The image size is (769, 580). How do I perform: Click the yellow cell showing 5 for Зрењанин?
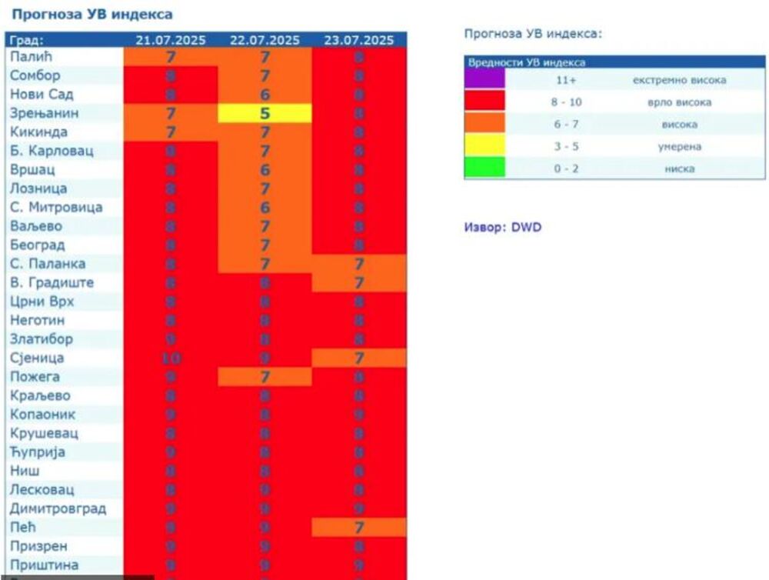tap(265, 114)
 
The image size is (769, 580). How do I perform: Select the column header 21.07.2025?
tap(171, 40)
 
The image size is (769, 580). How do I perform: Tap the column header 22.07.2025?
tap(265, 40)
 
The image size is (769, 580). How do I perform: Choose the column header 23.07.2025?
tap(358, 40)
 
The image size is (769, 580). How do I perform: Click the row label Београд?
tap(38, 245)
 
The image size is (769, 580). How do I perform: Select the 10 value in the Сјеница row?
tap(171, 358)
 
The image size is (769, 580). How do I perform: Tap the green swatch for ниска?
tap(484, 168)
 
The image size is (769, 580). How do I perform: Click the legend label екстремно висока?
tap(679, 80)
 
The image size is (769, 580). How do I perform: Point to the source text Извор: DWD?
tap(502, 228)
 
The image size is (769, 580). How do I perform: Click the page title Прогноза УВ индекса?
tap(92, 15)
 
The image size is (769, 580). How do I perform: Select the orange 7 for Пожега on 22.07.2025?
tap(265, 377)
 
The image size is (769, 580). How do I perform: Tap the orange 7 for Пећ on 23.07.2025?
tap(358, 528)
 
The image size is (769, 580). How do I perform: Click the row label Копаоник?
tap(43, 415)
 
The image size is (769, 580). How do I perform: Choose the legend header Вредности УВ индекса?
tap(526, 63)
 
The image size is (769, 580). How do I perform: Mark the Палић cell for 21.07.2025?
tap(171, 57)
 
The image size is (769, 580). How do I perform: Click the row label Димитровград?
tap(58, 508)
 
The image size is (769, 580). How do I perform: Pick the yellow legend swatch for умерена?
tap(484, 145)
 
